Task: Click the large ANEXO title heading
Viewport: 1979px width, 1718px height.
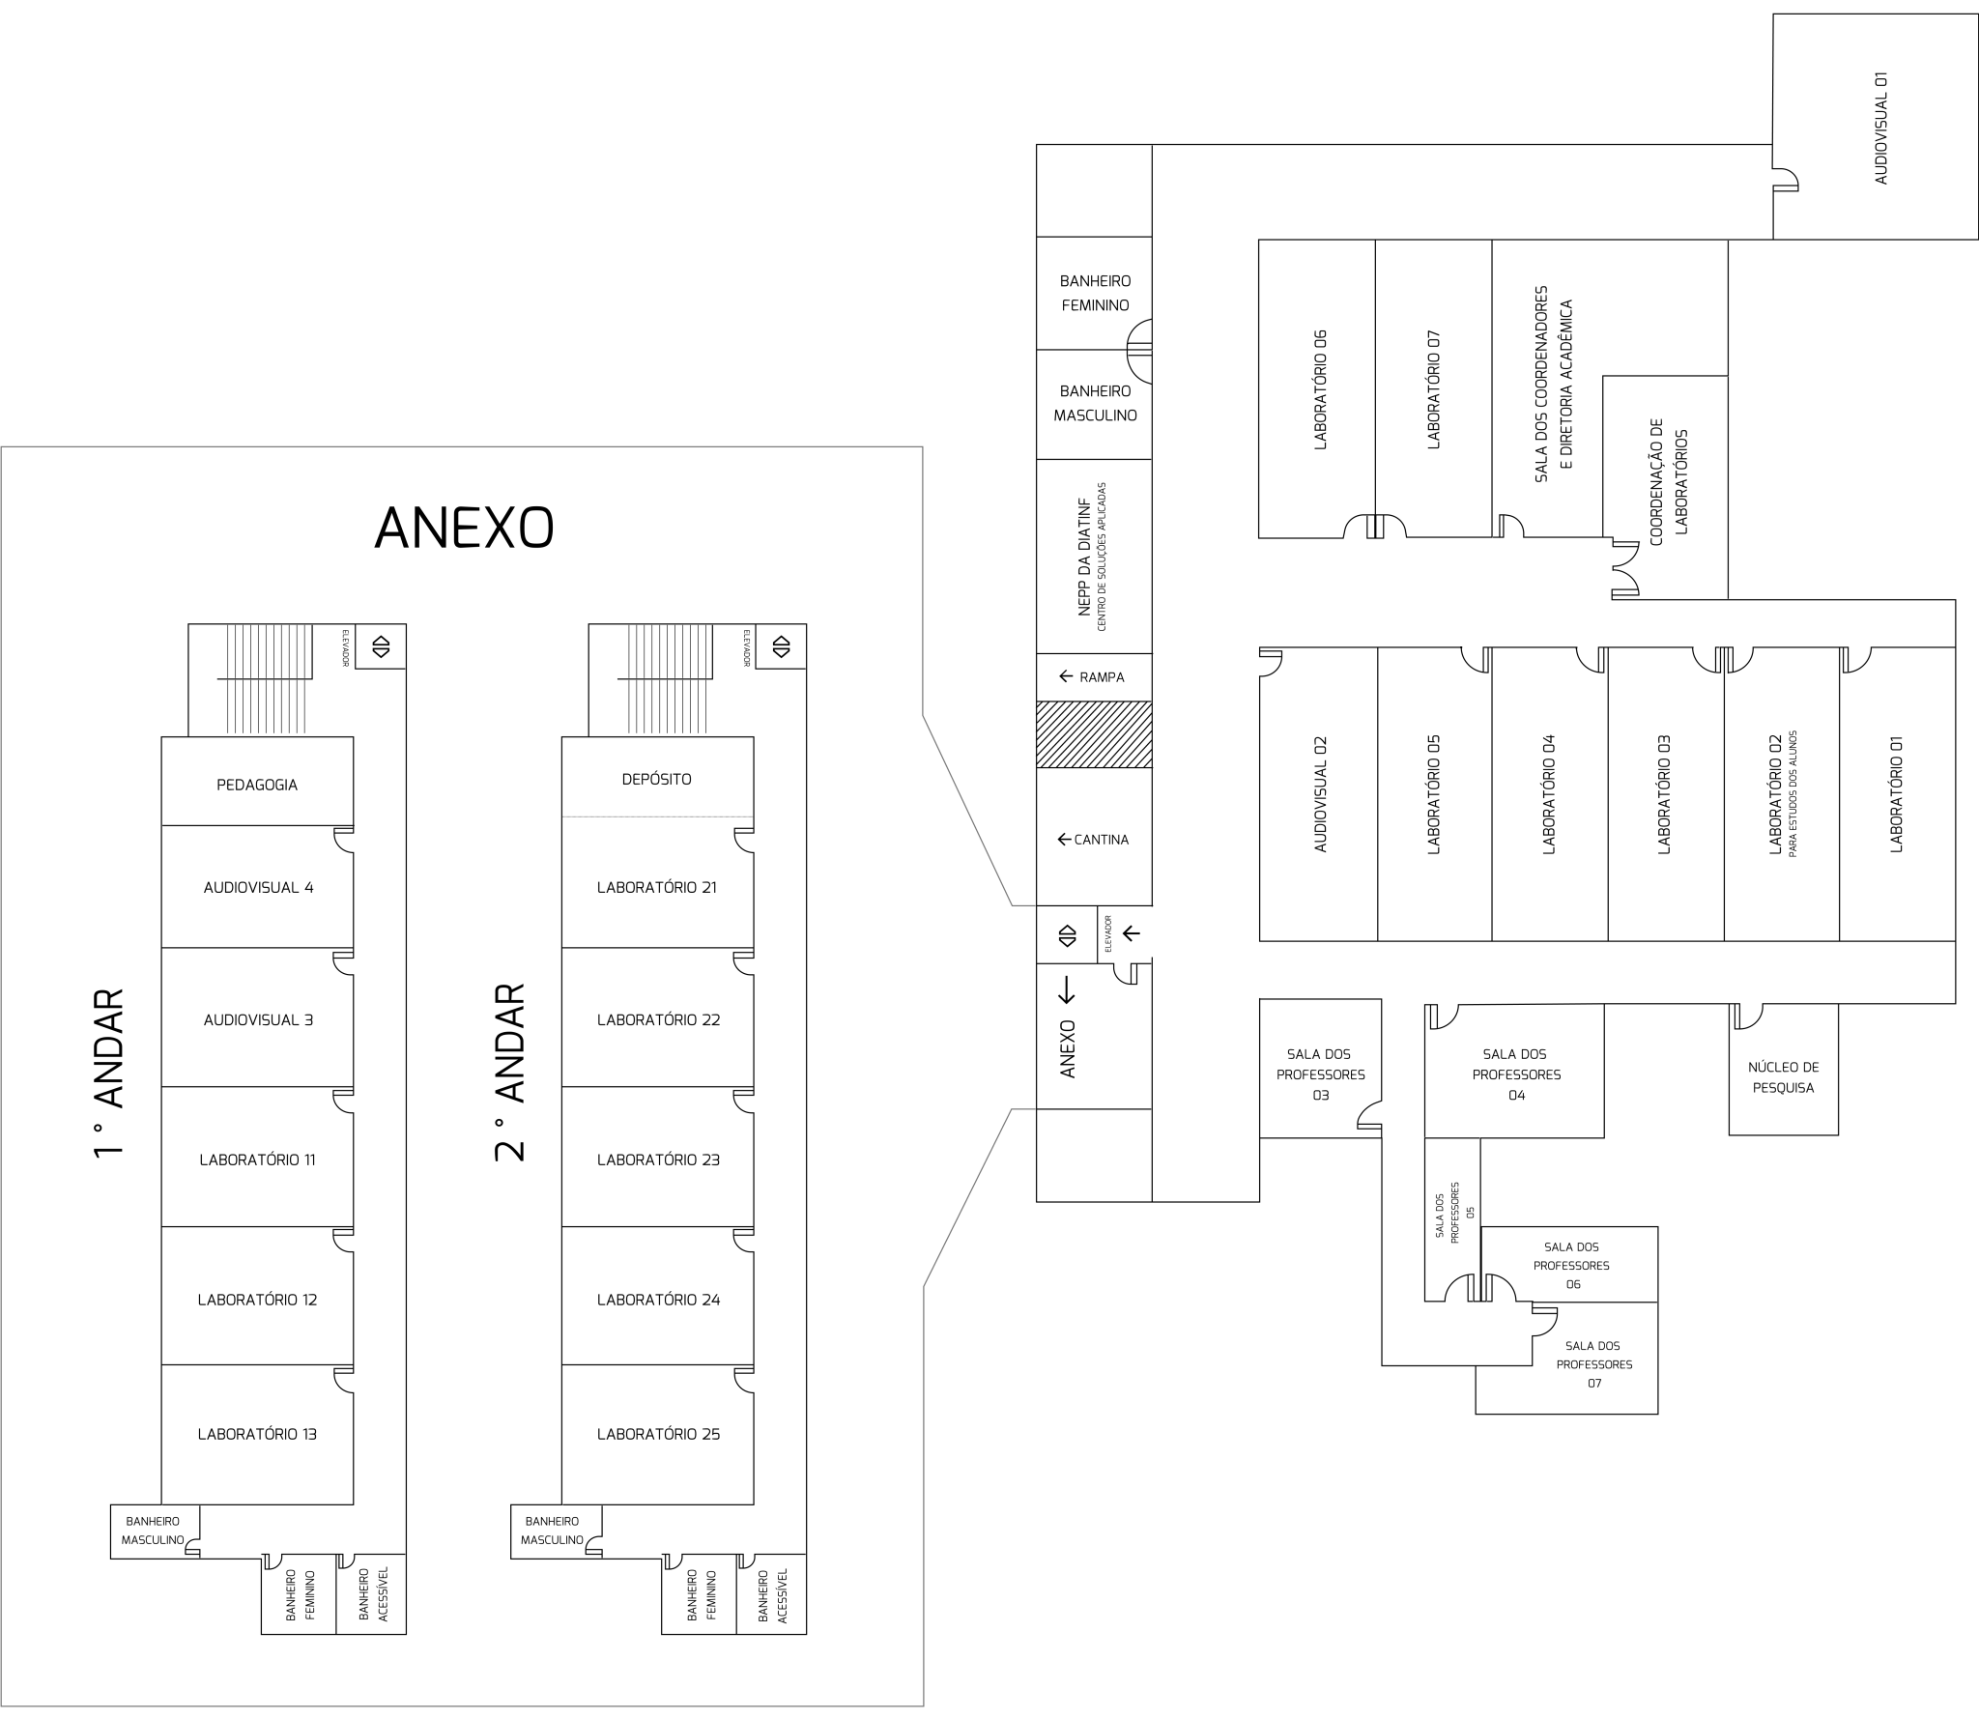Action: (464, 528)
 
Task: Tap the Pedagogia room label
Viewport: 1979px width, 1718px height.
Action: (257, 785)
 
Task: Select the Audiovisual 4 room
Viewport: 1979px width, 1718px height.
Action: (257, 886)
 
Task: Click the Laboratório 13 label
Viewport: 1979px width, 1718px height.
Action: (257, 1434)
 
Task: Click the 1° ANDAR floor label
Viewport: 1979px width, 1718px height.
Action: (109, 1073)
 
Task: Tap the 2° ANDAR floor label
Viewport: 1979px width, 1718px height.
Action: (509, 1073)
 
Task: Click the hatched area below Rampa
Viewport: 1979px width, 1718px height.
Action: (1094, 734)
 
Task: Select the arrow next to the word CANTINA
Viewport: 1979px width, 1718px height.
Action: (1064, 840)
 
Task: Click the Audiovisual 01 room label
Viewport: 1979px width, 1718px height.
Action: (1880, 129)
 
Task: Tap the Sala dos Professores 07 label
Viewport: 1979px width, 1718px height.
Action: (1594, 1364)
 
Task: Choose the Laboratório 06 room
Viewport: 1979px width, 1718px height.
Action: (1317, 388)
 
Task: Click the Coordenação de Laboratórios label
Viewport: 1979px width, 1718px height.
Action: (1669, 481)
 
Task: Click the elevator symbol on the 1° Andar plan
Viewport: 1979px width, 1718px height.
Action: (381, 646)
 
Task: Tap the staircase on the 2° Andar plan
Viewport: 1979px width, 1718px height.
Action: (671, 678)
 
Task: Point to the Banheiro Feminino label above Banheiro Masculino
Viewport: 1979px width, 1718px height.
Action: (1095, 293)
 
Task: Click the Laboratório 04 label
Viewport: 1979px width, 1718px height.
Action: (1549, 794)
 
